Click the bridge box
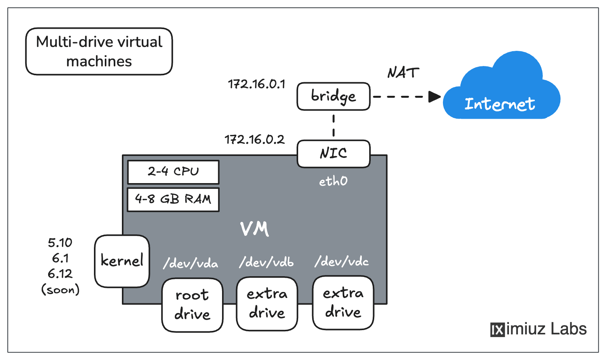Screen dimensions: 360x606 333,96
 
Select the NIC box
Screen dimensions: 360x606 333,154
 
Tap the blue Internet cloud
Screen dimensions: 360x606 501,91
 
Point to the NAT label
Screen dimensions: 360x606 403,73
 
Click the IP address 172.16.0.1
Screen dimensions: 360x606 256,84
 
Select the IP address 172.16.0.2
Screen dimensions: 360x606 254,139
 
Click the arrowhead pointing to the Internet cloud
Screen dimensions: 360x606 434,97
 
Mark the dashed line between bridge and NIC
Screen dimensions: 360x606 333,125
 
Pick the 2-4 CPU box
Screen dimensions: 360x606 173,172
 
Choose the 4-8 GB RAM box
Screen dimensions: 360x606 173,199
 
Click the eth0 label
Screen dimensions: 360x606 333,181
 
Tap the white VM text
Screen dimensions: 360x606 254,229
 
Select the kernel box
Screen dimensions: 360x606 122,261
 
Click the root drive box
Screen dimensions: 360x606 192,305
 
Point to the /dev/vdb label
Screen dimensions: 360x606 266,262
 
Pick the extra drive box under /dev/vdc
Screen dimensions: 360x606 343,303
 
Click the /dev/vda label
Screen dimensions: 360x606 191,263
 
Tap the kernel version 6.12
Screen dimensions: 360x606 60,274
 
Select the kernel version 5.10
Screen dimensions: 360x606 60,243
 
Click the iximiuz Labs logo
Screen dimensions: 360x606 538,329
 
